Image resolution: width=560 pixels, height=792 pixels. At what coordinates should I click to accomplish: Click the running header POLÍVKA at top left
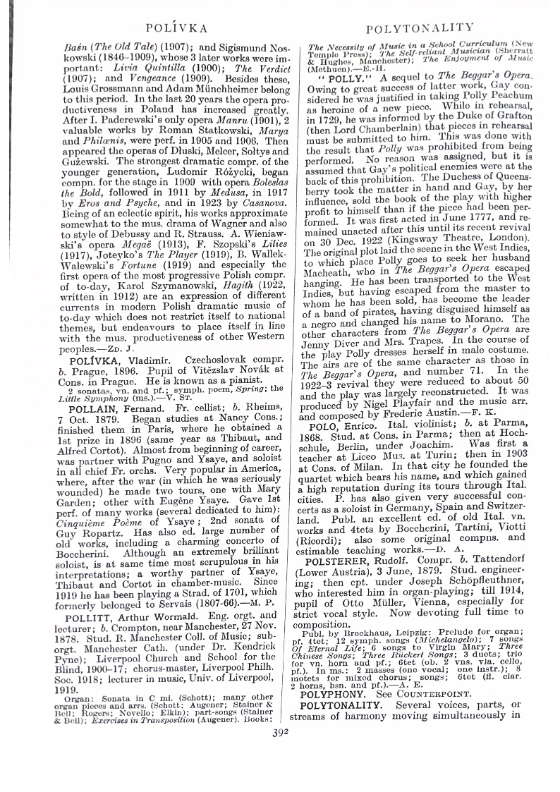[x=176, y=29]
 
